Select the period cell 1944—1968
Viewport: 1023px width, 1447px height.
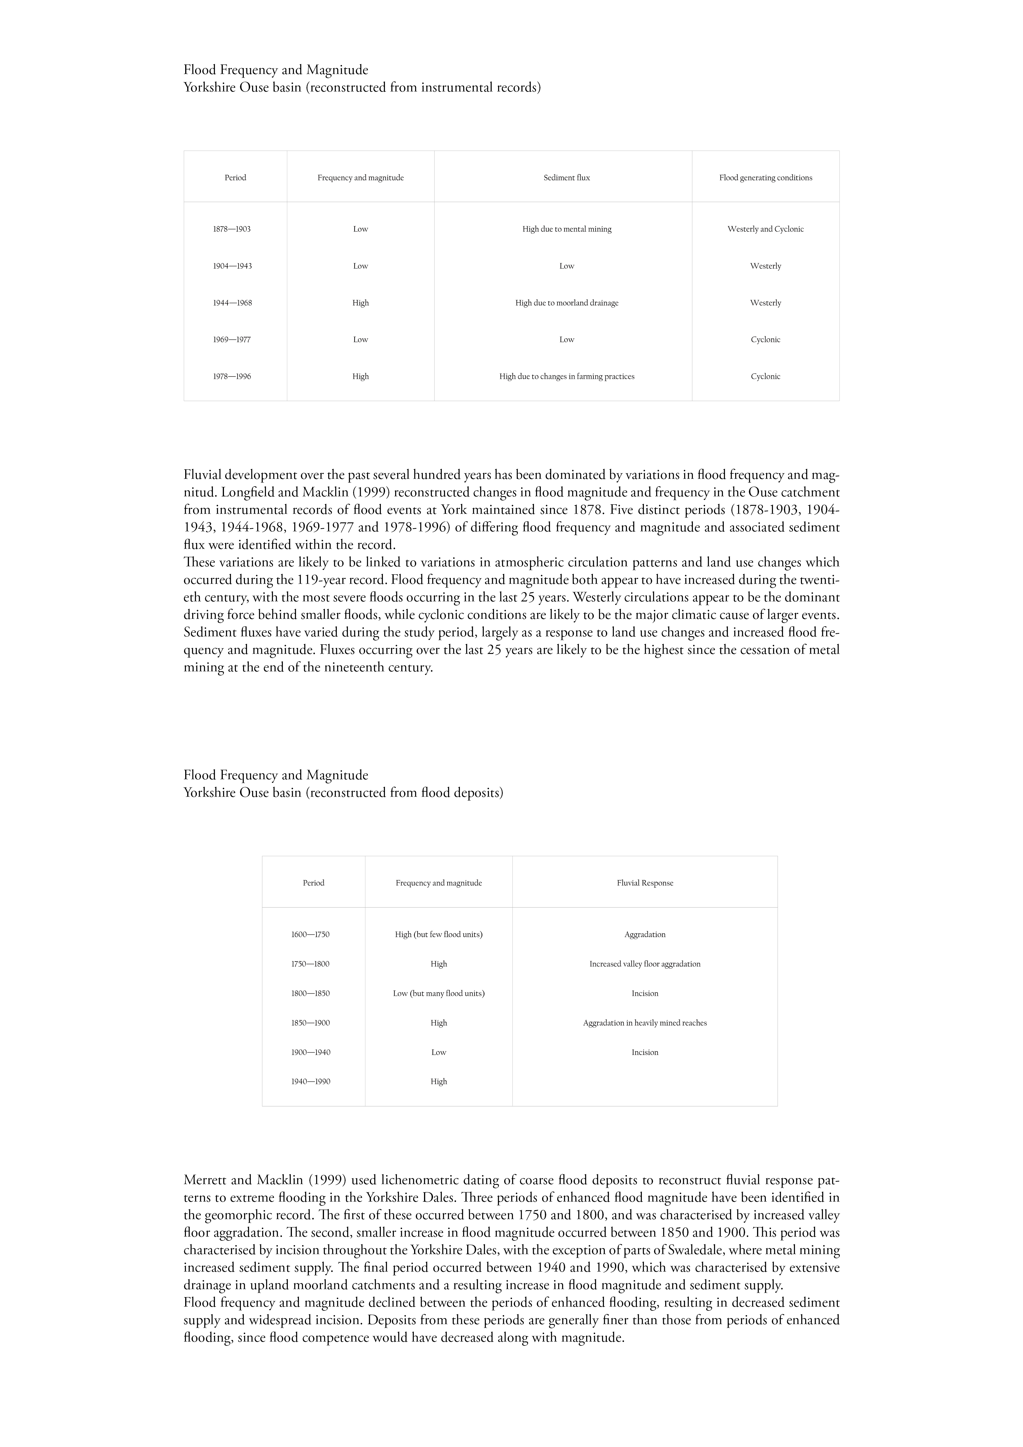coord(232,302)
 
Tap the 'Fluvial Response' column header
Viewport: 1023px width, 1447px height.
coord(644,883)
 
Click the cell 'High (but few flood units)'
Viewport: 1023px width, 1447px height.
coord(438,934)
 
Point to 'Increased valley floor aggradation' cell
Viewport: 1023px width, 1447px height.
coord(644,964)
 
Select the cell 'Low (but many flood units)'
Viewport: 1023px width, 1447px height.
coord(438,993)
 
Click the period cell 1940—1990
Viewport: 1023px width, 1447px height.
coord(311,1082)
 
